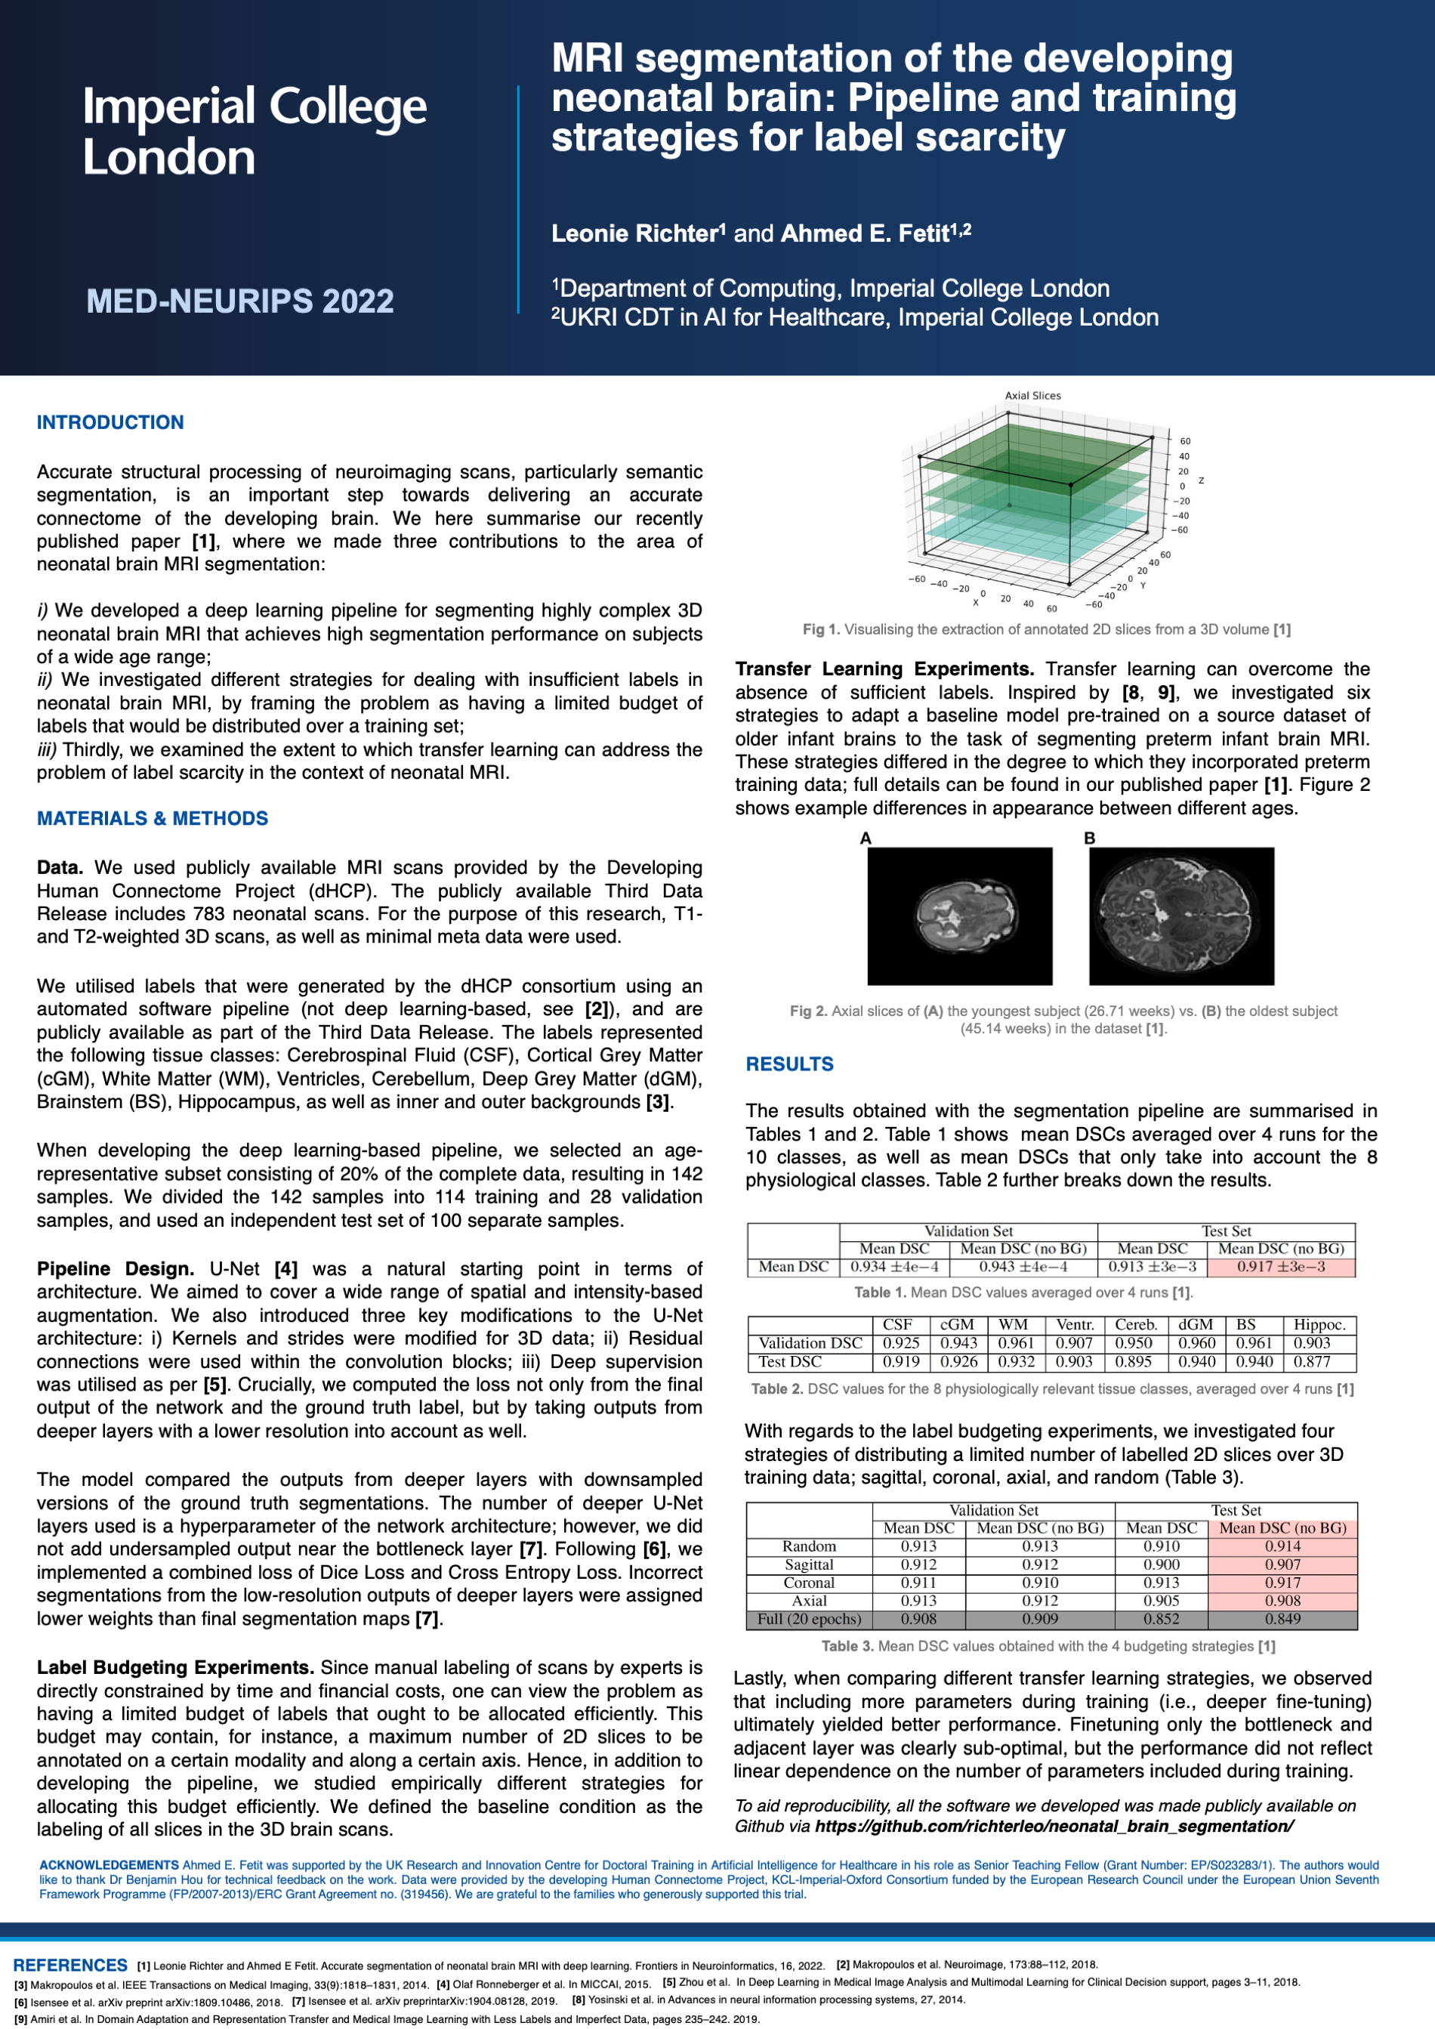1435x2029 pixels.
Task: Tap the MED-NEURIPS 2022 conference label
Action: (239, 301)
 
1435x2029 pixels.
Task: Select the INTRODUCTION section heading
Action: (110, 422)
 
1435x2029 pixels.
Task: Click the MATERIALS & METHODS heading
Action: (152, 818)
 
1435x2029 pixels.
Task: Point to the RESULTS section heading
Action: (789, 1064)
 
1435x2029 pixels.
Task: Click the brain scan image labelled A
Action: (960, 916)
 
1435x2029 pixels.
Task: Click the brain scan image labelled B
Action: (1181, 916)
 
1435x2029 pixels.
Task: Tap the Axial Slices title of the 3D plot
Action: (1032, 396)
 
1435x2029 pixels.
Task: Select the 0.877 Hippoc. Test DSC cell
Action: (1312, 1362)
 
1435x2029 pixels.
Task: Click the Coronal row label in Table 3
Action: (809, 1583)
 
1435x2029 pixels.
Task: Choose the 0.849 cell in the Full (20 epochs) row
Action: (1282, 1619)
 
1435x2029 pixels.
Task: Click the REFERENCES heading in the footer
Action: (71, 1966)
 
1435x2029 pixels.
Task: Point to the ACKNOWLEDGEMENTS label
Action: (109, 1864)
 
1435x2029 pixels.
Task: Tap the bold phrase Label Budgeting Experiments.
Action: (175, 1668)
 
